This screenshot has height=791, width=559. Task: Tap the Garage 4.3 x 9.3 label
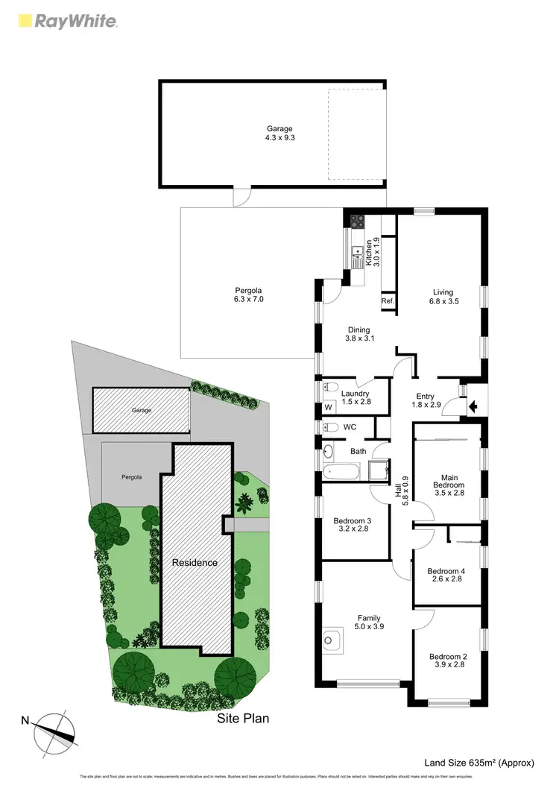point(280,133)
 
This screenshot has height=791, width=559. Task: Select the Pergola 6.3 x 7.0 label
point(249,294)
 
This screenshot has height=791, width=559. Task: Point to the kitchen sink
point(357,252)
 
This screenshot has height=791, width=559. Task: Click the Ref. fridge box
point(388,300)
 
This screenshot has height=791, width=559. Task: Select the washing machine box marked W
point(329,407)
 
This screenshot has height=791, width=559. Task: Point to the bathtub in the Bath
point(342,471)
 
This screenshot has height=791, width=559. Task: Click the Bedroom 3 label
point(353,525)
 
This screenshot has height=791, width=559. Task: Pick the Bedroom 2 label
point(447,661)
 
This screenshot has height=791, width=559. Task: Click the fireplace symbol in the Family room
point(329,639)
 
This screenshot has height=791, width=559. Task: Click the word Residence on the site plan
point(195,562)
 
